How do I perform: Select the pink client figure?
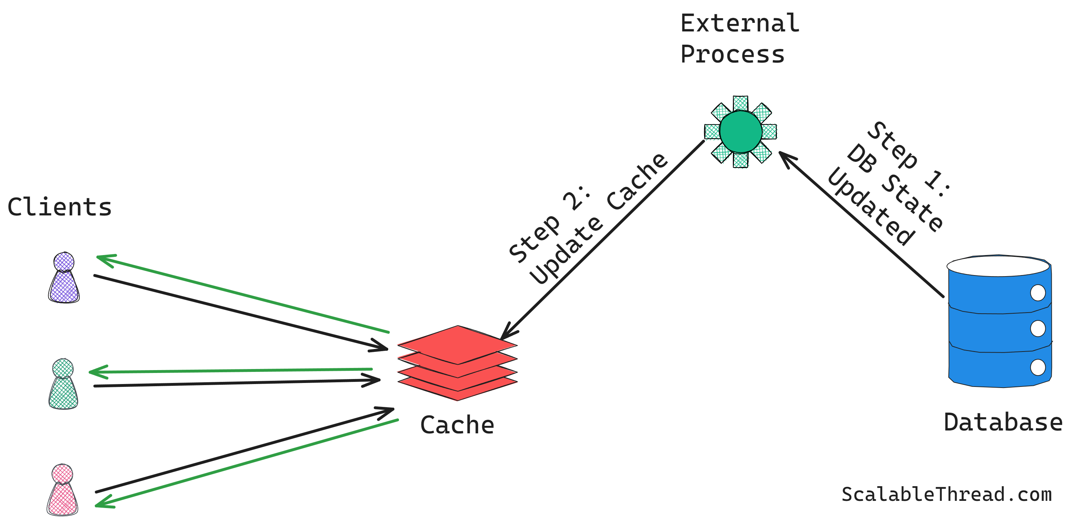62,490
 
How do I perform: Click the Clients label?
59,207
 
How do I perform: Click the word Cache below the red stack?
457,425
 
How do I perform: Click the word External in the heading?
739,23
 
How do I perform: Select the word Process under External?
732,54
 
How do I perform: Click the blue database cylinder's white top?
998,266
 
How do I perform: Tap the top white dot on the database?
1038,293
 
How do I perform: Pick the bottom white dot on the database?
1038,367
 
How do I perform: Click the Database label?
1003,423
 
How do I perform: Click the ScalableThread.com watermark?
946,494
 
